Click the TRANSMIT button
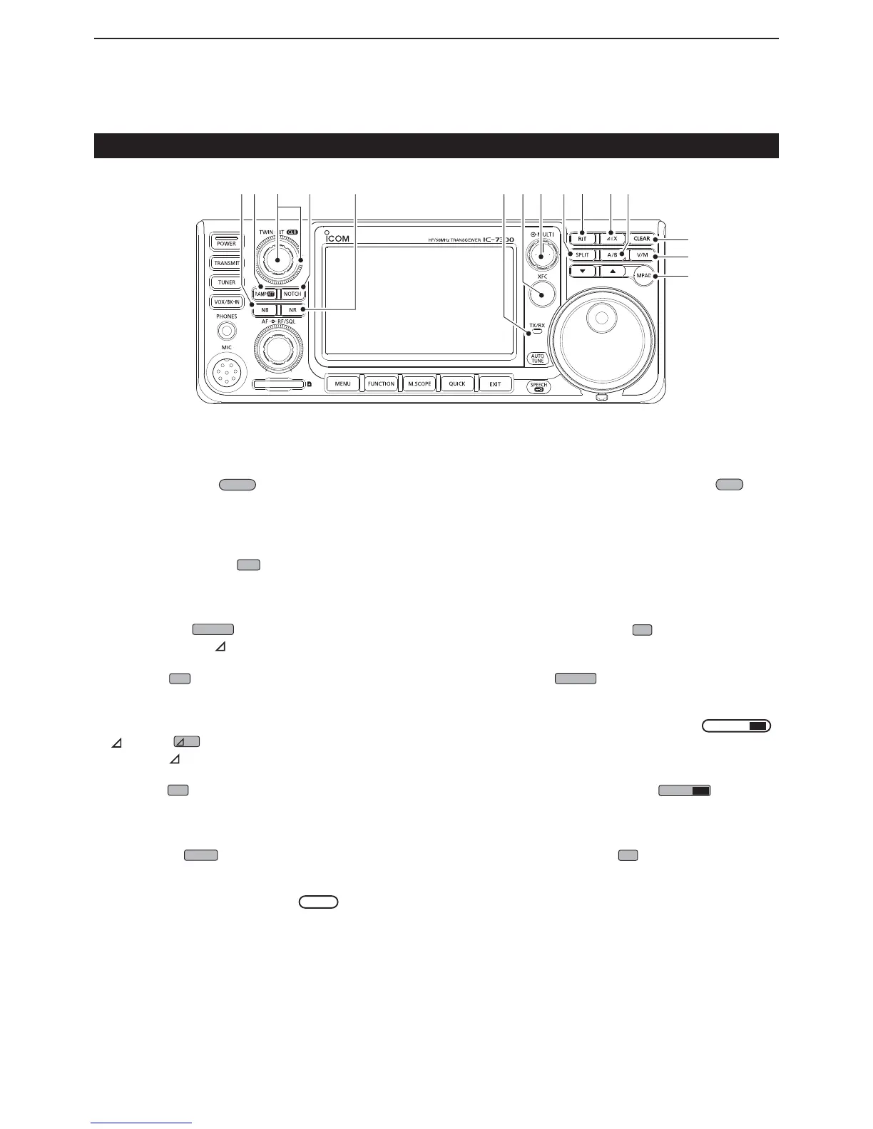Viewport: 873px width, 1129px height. [x=227, y=263]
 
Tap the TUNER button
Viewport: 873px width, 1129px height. [x=227, y=282]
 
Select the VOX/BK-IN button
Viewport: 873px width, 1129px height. [x=227, y=302]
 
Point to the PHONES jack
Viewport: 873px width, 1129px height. [x=226, y=330]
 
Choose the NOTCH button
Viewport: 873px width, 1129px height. [x=292, y=294]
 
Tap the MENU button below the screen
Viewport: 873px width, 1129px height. [x=342, y=383]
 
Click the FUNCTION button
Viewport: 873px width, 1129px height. [x=381, y=383]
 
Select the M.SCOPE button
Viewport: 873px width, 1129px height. [x=419, y=383]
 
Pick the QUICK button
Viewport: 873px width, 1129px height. [x=457, y=383]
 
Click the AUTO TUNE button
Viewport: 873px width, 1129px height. [x=538, y=359]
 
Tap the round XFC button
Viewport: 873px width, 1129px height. [x=542, y=294]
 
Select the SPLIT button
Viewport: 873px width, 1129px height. [x=582, y=254]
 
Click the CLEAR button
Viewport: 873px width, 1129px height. [x=642, y=239]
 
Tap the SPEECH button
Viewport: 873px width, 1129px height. [x=538, y=386]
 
